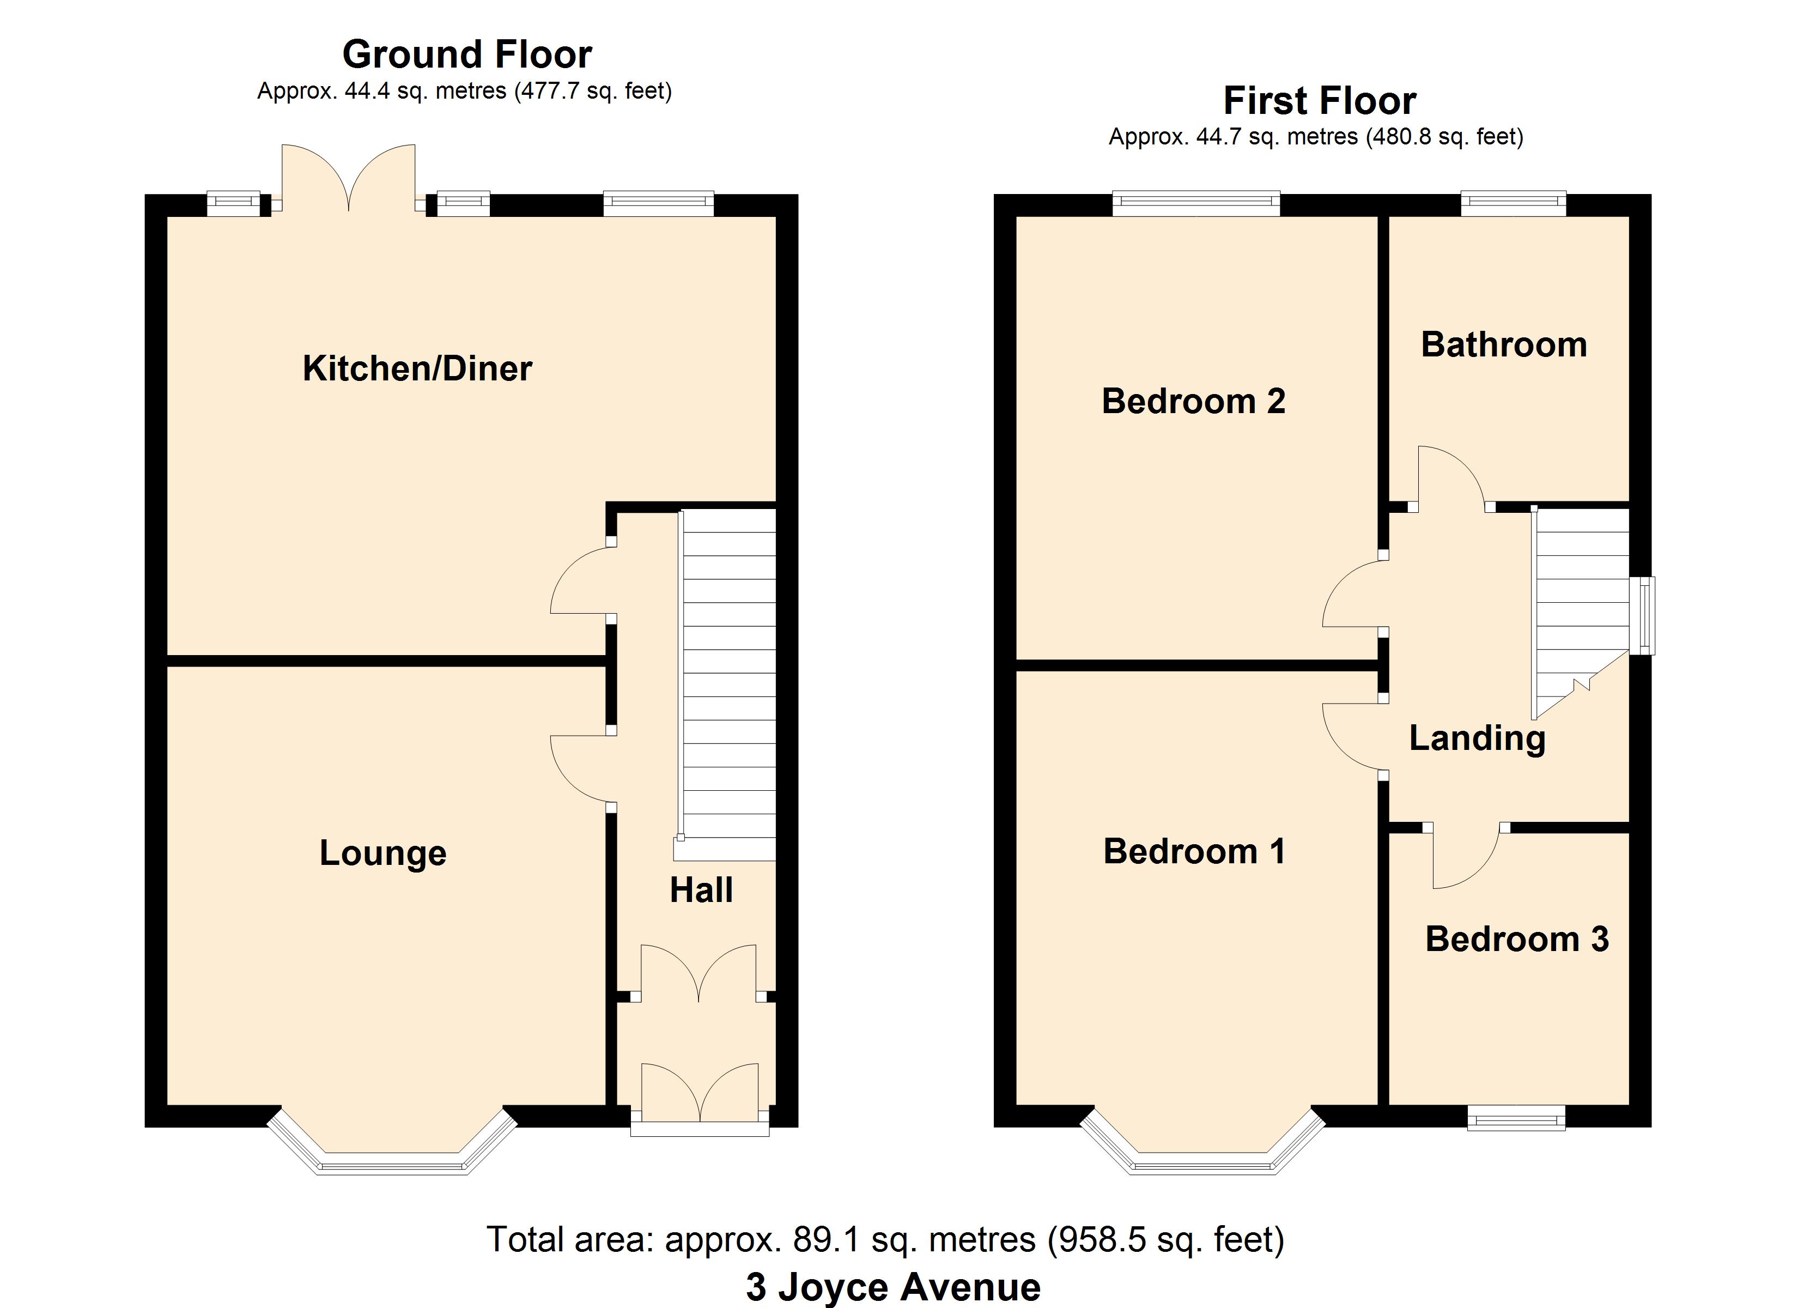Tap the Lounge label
pos(383,853)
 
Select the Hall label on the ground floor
pos(701,890)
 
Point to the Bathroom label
pos(1504,345)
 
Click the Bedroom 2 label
pos(1193,401)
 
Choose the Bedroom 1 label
pos(1194,852)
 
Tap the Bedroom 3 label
pos(1516,939)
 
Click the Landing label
pos(1477,739)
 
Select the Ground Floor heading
pos(467,55)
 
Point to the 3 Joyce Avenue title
pos(894,1287)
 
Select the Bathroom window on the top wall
pos(1514,204)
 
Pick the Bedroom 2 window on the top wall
pos(1196,204)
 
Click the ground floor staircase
pos(726,685)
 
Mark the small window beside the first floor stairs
pos(1642,615)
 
